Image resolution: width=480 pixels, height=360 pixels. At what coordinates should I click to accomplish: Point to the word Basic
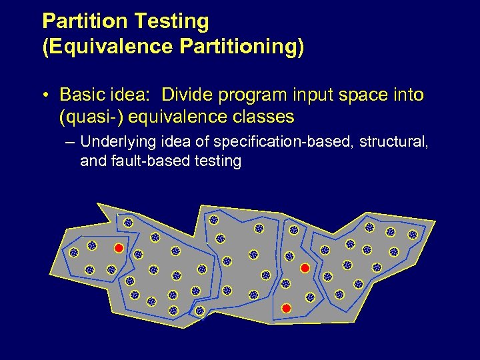(81, 95)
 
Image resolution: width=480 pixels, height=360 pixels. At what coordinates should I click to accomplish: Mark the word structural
(396, 141)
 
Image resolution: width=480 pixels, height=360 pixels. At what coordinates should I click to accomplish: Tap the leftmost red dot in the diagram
(118, 248)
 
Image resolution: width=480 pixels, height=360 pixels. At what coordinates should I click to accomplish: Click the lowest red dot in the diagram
(287, 308)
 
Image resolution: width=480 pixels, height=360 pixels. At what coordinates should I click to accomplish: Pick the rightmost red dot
(305, 268)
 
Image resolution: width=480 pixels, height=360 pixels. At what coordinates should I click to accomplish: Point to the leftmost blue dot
(74, 253)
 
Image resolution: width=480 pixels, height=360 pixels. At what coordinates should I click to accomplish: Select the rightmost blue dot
(413, 235)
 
